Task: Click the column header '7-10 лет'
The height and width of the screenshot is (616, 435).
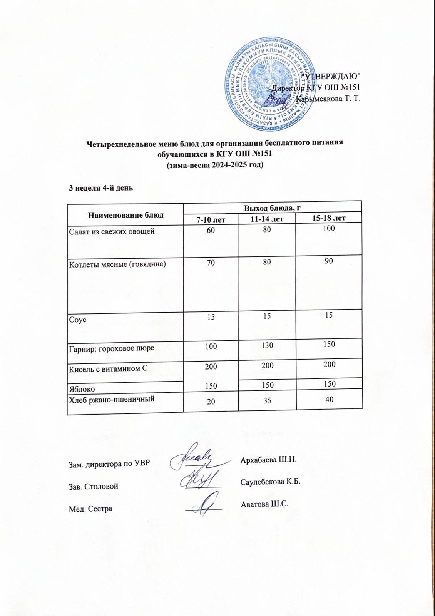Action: [211, 219]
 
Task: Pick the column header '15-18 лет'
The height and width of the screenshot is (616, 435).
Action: [329, 218]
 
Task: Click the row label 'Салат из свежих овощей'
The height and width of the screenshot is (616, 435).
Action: [112, 231]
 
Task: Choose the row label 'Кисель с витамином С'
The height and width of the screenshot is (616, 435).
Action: [108, 368]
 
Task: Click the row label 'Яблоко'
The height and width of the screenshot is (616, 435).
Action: [82, 389]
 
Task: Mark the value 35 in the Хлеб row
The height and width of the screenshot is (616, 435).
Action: [267, 401]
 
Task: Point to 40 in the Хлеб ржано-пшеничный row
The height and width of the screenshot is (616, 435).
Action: [329, 400]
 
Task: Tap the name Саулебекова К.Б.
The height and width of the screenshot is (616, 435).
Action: [270, 482]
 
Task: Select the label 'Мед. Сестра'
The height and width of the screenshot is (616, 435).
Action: [90, 509]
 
